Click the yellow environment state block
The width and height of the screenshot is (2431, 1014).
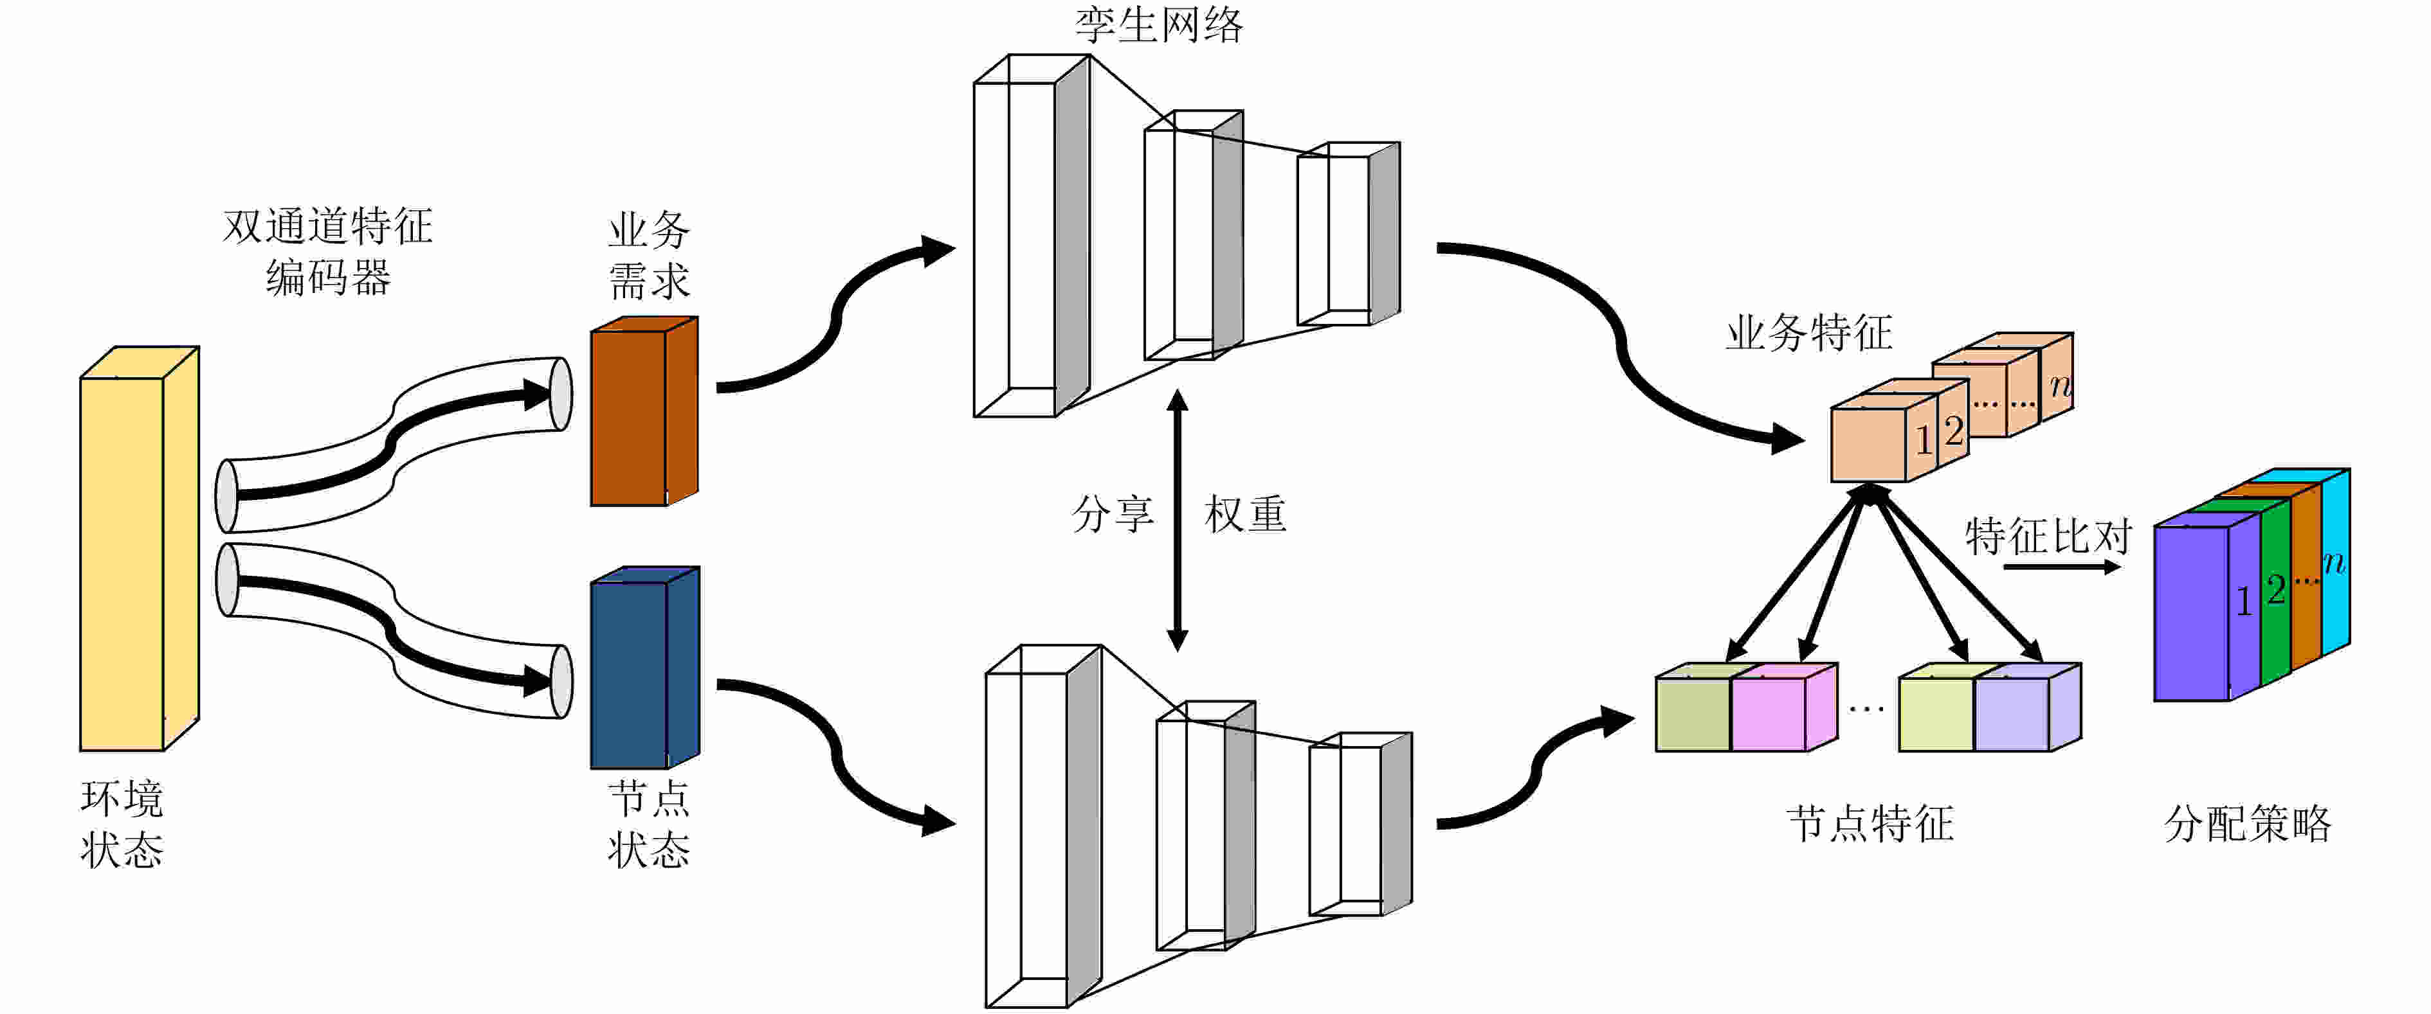pos(139,549)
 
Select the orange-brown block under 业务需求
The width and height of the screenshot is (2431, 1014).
pos(644,411)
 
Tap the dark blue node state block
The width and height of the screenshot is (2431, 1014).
pos(644,668)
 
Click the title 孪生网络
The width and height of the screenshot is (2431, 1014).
pos(1159,24)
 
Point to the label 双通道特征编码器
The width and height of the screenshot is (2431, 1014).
pos(327,252)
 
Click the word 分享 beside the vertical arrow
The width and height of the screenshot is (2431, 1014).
pos(1114,514)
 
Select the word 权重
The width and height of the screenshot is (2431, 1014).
pos(1246,514)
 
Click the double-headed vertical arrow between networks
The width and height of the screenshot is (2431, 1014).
pos(1177,520)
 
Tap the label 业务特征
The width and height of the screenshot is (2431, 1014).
pos(1809,333)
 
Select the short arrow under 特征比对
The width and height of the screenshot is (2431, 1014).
pos(2062,567)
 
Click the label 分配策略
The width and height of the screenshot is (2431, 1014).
pos(2248,823)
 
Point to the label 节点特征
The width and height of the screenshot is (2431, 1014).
pos(1870,823)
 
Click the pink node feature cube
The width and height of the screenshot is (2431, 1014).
pos(1783,707)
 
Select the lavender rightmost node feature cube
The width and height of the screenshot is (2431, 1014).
pos(2027,707)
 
